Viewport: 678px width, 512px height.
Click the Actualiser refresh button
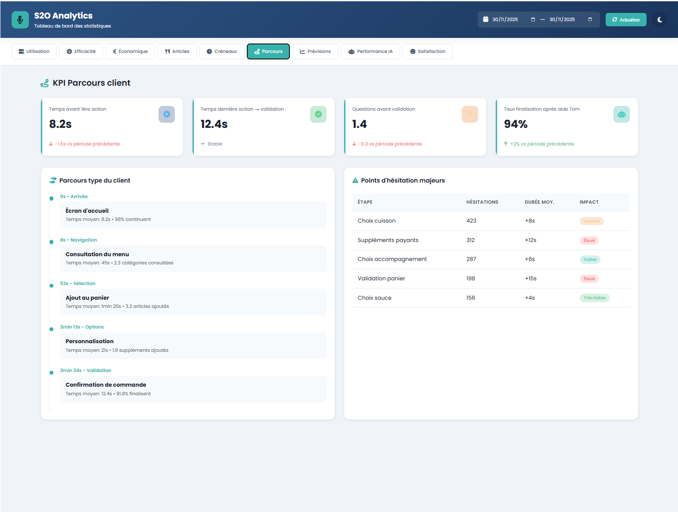pos(625,20)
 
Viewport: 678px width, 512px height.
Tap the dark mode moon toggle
pos(659,20)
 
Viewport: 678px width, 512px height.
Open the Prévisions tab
pos(315,51)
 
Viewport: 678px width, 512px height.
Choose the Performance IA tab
pos(370,51)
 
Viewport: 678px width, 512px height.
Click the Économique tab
pos(130,51)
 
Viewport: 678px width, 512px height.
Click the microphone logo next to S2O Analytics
pos(20,20)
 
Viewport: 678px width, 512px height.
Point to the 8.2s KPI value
pos(60,124)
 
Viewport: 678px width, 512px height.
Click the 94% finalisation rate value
pos(516,124)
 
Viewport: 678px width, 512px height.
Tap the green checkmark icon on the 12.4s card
pos(318,114)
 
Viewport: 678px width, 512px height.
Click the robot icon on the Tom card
pos(621,114)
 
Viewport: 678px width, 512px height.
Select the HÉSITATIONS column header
pos(482,202)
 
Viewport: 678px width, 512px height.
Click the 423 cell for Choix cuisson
pos(471,221)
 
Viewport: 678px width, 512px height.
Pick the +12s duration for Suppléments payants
pos(530,240)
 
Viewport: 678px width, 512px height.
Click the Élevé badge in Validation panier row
pos(589,279)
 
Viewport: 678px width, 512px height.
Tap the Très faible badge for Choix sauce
pos(594,298)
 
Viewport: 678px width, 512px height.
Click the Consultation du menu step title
pos(97,254)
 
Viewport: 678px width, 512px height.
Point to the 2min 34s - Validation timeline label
pos(85,370)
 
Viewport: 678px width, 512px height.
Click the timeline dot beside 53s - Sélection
pos(51,285)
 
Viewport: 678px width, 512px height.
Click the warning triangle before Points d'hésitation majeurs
pos(355,180)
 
